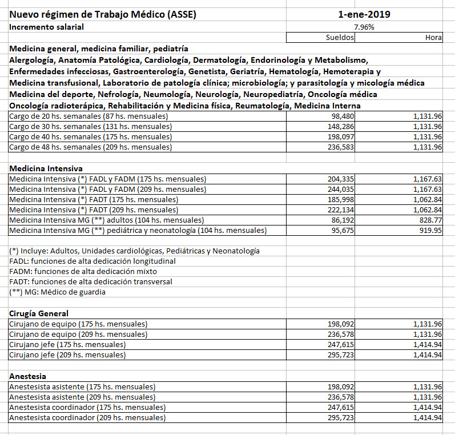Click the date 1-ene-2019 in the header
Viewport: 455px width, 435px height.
coord(364,14)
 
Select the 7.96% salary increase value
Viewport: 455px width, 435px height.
coord(364,27)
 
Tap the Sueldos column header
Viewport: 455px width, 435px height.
coord(336,37)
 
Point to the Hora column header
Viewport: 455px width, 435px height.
coord(433,37)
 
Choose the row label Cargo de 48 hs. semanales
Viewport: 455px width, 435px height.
coord(90,147)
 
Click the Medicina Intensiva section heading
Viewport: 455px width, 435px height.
coord(46,168)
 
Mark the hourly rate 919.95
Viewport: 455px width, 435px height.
coord(429,231)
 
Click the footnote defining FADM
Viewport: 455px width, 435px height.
coord(83,271)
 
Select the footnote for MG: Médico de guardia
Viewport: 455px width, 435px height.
coord(57,292)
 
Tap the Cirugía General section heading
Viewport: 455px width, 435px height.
coord(39,313)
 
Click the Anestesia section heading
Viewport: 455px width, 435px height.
coord(28,376)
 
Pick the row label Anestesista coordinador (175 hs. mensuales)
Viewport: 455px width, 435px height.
coord(87,407)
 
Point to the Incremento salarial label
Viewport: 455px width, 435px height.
coord(46,27)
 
